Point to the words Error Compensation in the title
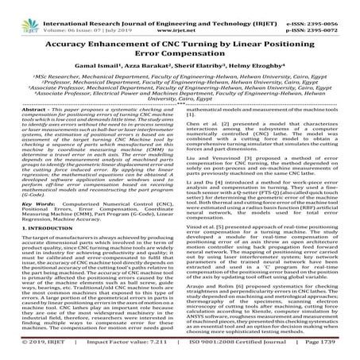(180, 48)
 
